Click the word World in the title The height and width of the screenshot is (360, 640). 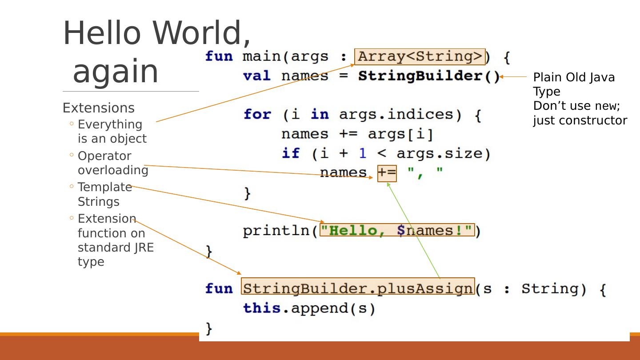[202, 33]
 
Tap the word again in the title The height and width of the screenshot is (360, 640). [116, 71]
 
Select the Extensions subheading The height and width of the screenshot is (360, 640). [98, 108]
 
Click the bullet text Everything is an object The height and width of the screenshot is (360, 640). [112, 131]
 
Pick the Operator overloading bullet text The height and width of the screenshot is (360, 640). [113, 163]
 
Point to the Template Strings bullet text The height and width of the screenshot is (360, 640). [105, 194]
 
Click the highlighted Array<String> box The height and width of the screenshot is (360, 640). [420, 57]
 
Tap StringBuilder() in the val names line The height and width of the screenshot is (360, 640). [429, 76]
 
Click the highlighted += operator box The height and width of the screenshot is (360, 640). [387, 173]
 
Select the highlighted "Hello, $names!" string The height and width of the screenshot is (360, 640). [397, 230]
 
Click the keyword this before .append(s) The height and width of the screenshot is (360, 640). [262, 308]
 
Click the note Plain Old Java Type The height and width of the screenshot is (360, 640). [573, 84]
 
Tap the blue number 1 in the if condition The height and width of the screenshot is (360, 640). [363, 153]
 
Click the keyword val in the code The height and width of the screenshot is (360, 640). [256, 76]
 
